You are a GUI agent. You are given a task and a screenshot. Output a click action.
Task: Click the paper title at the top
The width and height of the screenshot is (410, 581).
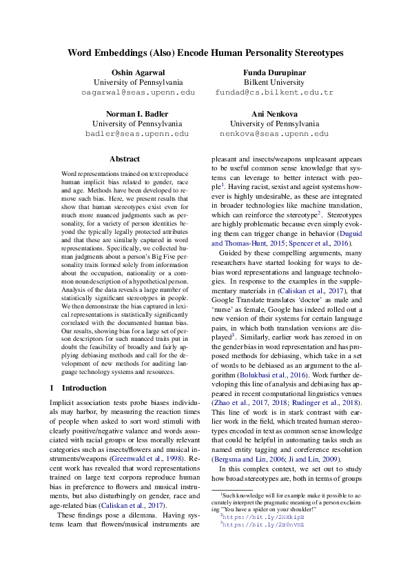(205, 52)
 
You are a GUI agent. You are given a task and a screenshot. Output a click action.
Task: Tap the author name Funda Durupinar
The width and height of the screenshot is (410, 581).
(274, 73)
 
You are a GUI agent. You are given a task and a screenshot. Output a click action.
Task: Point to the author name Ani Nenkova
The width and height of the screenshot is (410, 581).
(274, 114)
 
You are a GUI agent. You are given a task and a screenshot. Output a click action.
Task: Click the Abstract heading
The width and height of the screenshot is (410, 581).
(124, 159)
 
